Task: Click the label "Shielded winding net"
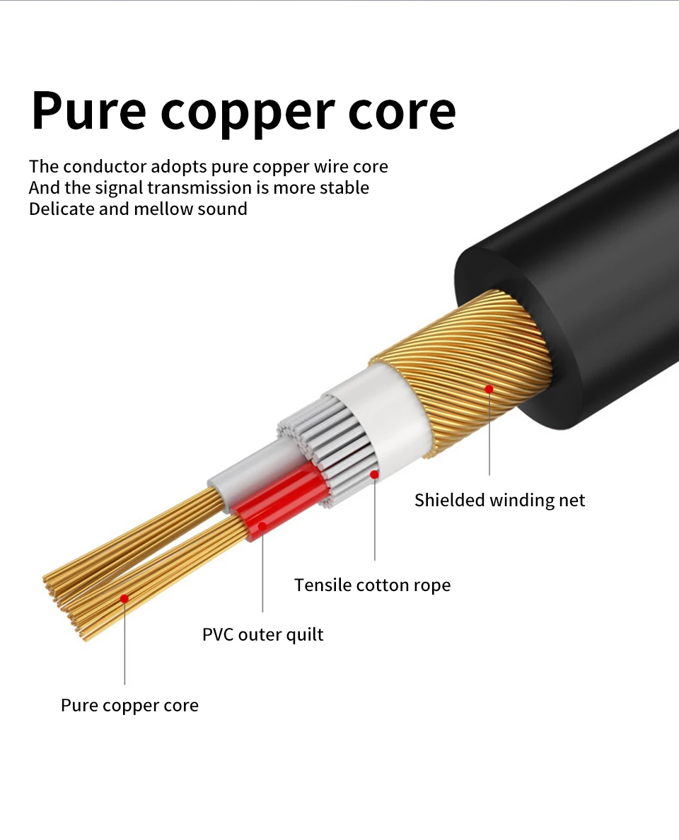[499, 501]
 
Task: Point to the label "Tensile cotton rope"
[372, 585]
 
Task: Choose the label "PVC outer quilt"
[262, 634]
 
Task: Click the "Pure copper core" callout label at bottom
[129, 706]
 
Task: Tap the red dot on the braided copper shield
[489, 389]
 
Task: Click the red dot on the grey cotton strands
[375, 474]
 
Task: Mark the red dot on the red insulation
[262, 526]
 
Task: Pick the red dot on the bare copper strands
[124, 599]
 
